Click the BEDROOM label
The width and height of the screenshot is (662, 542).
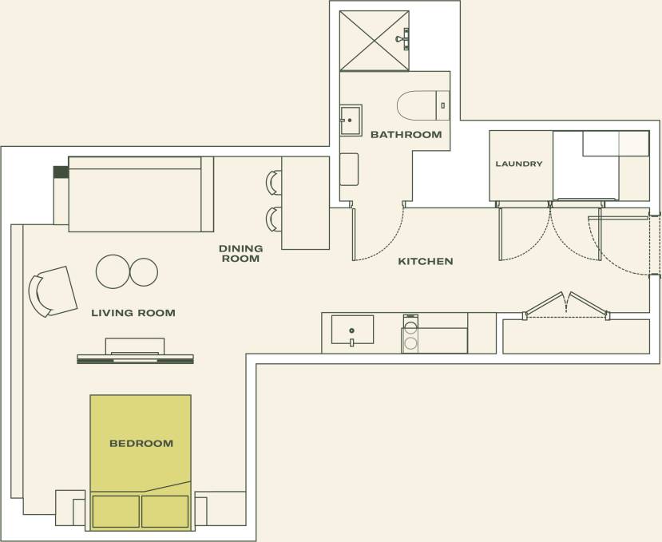(141, 443)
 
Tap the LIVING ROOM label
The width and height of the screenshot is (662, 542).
(133, 313)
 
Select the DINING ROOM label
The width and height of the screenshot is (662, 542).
(240, 254)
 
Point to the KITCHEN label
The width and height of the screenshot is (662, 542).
(426, 261)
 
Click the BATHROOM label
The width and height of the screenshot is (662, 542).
(406, 135)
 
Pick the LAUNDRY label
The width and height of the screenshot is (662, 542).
(518, 164)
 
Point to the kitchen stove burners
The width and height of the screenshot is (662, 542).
(410, 334)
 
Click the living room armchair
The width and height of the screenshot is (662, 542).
(53, 291)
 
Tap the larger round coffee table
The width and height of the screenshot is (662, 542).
(113, 271)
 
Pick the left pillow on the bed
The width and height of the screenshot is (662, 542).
(116, 511)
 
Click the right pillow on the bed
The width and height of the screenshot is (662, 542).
(165, 511)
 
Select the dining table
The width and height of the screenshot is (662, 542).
(306, 203)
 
